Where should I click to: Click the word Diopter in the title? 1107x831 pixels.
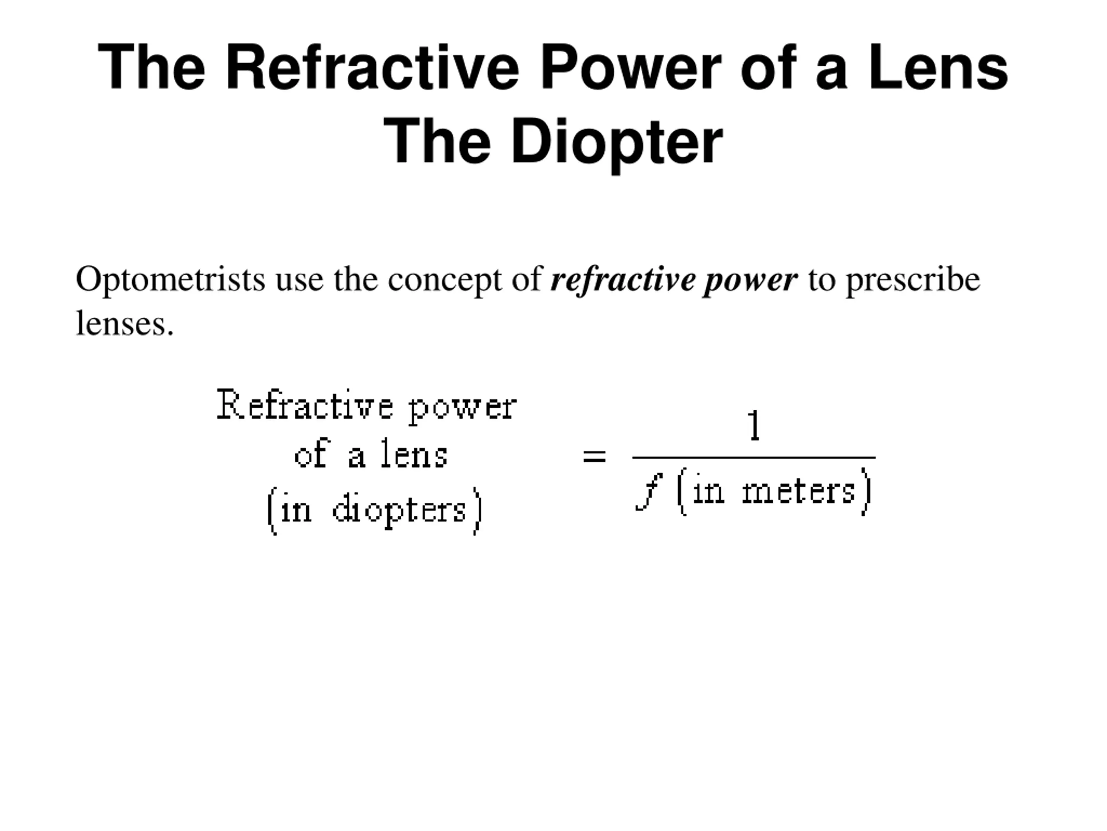coord(617,142)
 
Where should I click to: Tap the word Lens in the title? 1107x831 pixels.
coord(938,68)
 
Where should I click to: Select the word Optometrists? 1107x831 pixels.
coord(170,280)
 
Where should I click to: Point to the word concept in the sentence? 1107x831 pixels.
coord(445,280)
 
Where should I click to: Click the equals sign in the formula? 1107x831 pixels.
coord(595,456)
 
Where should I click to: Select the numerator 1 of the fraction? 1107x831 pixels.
coord(754,426)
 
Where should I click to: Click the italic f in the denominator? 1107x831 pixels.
coord(649,491)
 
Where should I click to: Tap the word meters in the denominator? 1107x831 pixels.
coord(799,491)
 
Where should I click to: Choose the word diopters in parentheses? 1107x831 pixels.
coord(399,510)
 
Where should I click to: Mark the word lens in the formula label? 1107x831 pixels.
coord(414,454)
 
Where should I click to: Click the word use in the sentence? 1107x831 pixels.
coord(299,280)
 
